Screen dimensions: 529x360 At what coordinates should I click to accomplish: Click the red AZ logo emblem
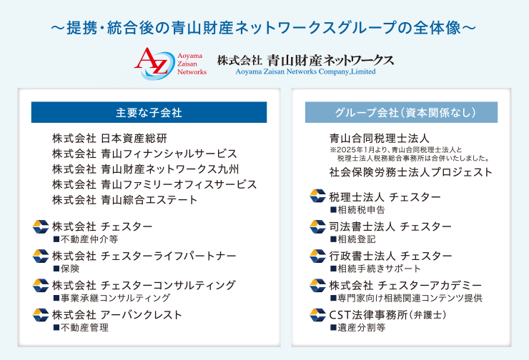pyautogui.click(x=155, y=64)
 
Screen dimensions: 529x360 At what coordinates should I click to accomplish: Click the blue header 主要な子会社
pyautogui.click(x=149, y=112)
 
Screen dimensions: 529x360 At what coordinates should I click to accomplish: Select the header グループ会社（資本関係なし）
pyautogui.click(x=401, y=112)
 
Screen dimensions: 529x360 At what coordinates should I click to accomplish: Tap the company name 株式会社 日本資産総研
pyautogui.click(x=109, y=138)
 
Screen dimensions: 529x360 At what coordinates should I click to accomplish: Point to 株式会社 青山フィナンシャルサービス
pyautogui.click(x=144, y=154)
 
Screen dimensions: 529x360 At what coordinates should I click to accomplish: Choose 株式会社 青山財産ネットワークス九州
pyautogui.click(x=145, y=169)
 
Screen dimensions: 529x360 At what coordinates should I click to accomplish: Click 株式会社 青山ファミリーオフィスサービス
pyautogui.click(x=154, y=184)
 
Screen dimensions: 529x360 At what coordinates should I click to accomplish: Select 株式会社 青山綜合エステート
pyautogui.click(x=124, y=200)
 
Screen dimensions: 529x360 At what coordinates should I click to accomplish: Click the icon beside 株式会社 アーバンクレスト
pyautogui.click(x=41, y=315)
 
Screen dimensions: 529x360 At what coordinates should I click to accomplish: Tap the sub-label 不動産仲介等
pyautogui.click(x=86, y=239)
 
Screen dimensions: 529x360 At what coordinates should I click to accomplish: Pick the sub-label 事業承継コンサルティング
pyautogui.click(x=112, y=298)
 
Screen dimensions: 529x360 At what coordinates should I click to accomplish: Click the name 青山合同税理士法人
pyautogui.click(x=379, y=138)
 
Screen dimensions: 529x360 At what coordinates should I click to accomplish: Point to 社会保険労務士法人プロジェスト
pyautogui.click(x=411, y=172)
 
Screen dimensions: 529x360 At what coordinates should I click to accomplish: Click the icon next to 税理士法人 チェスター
pyautogui.click(x=317, y=196)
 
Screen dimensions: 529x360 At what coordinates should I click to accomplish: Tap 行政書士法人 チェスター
pyautogui.click(x=391, y=256)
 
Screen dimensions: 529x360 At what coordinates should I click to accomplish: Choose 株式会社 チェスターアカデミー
pyautogui.click(x=405, y=286)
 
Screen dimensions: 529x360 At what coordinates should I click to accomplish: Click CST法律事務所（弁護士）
pyautogui.click(x=388, y=315)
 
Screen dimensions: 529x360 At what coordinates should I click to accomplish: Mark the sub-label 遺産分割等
pyautogui.click(x=357, y=327)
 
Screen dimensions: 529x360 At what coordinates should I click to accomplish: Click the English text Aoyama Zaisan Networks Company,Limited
pyautogui.click(x=305, y=71)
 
